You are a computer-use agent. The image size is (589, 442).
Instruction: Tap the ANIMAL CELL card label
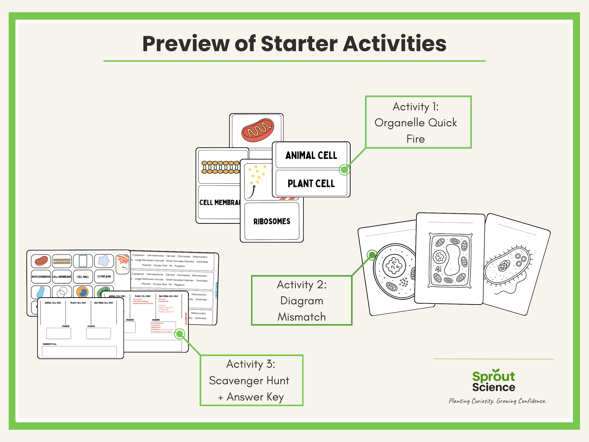click(x=311, y=155)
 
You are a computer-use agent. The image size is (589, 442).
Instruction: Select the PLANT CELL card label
click(x=311, y=184)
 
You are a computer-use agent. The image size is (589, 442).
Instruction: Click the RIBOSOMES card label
click(x=272, y=221)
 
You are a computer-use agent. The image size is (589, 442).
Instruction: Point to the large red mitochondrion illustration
click(x=258, y=130)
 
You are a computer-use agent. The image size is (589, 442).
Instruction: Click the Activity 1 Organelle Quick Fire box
click(x=418, y=122)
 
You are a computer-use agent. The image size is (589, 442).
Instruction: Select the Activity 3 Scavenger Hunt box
click(x=251, y=380)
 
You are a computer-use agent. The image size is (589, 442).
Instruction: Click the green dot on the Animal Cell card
click(x=344, y=170)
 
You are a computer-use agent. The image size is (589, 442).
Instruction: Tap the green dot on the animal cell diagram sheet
click(x=372, y=255)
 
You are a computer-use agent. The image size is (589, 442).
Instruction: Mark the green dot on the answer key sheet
click(x=180, y=334)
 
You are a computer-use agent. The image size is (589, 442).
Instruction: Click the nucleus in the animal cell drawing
click(x=394, y=265)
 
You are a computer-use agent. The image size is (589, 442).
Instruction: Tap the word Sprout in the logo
click(x=493, y=376)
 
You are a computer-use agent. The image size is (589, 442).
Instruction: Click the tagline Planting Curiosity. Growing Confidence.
click(x=497, y=401)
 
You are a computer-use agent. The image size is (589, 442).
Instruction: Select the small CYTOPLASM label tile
click(x=104, y=277)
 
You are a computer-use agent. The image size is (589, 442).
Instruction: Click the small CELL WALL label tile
click(x=83, y=277)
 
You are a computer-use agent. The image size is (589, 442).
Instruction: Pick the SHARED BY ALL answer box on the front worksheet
click(x=79, y=352)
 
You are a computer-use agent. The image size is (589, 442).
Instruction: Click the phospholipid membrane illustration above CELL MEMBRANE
click(x=221, y=167)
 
